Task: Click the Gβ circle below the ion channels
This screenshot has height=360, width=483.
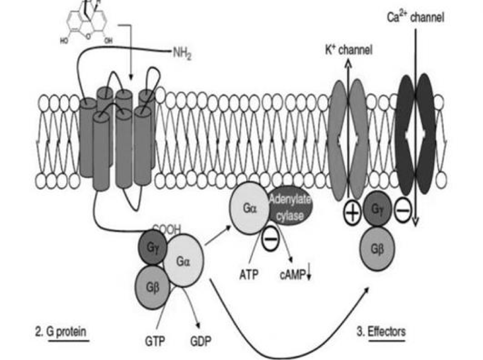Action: coord(376,247)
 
